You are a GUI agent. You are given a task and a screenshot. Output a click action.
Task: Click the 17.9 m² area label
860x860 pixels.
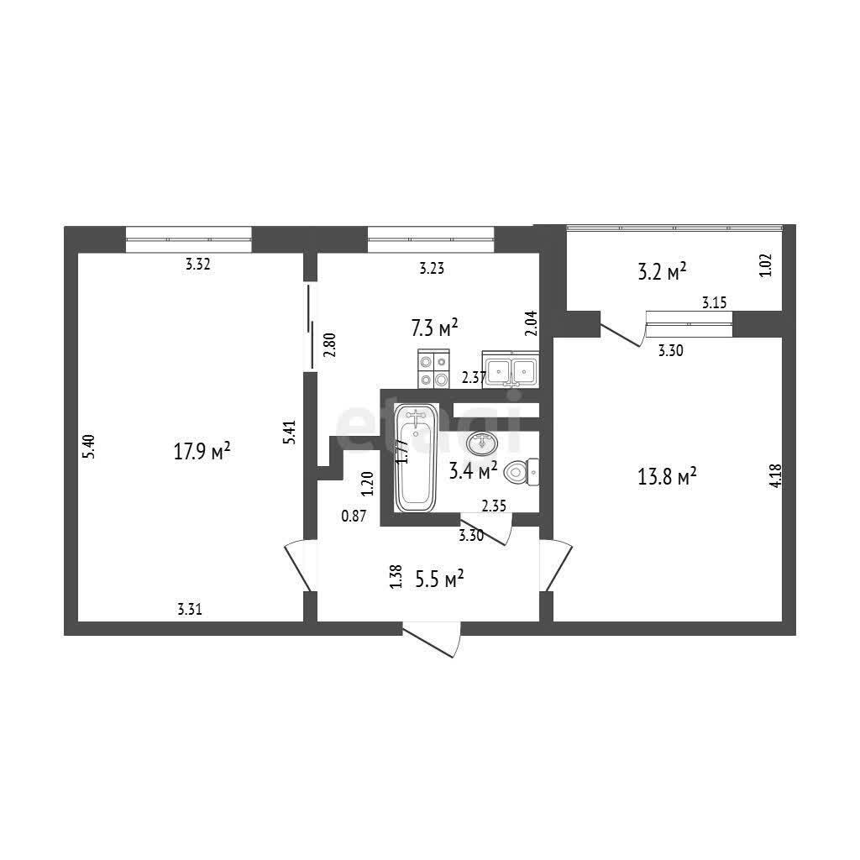tap(202, 452)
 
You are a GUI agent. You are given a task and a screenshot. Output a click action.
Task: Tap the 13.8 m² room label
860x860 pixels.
tap(666, 476)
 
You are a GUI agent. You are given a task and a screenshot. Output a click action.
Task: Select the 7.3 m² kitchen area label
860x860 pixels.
tap(434, 328)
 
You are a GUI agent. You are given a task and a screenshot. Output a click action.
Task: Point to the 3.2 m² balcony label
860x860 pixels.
tap(662, 271)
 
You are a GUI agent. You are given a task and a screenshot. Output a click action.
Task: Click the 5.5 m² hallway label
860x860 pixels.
tap(439, 579)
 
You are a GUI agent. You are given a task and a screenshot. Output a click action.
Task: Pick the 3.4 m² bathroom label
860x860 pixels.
tap(473, 470)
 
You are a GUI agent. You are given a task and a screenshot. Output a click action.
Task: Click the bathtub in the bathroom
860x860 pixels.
tap(417, 458)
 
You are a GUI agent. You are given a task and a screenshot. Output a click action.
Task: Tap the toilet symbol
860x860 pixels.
tap(521, 472)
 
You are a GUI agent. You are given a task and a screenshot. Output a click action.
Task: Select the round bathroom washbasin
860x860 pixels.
tap(482, 442)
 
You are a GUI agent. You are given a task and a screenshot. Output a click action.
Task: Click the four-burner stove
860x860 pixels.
tap(433, 369)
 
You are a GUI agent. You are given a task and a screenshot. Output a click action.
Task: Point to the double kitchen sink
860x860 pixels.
tap(511, 370)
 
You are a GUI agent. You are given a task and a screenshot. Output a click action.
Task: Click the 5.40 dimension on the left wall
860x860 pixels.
tap(89, 447)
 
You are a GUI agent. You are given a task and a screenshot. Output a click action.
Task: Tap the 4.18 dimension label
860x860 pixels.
tap(775, 476)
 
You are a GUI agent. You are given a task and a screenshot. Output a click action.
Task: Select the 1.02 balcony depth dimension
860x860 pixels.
tap(766, 265)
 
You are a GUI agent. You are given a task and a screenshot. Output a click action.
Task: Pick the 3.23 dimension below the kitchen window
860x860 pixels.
tap(432, 268)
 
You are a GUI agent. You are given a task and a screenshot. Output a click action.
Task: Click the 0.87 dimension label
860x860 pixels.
tap(354, 516)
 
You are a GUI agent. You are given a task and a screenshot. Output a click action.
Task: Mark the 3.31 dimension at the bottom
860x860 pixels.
tap(190, 609)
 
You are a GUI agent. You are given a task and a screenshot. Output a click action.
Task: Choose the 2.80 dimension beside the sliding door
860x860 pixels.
tap(329, 345)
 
